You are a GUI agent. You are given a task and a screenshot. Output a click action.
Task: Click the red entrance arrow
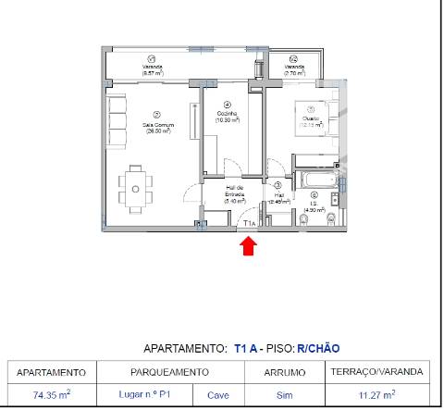[x=248, y=245]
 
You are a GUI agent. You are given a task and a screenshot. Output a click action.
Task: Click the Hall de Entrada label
[x=233, y=195]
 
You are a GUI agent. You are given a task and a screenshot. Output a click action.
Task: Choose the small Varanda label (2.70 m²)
[x=294, y=68]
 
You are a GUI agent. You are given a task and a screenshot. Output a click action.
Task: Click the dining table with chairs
[x=136, y=188]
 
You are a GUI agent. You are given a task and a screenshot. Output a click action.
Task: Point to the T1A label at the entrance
[x=249, y=223]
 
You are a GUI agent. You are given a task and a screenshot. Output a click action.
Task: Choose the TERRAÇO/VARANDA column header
[x=377, y=372]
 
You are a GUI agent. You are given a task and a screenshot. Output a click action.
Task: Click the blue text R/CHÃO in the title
[x=318, y=349]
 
